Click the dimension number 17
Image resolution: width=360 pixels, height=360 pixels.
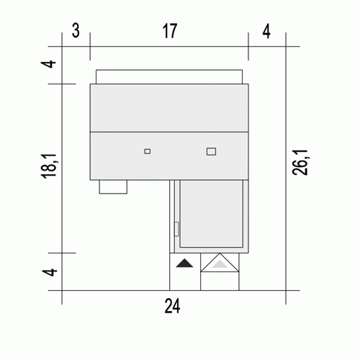pyautogui.click(x=170, y=31)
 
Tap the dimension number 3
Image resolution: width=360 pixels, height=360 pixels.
pyautogui.click(x=76, y=31)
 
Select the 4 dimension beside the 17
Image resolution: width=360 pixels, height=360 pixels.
pyautogui.click(x=266, y=31)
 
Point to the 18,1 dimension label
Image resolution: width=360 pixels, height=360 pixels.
pyautogui.click(x=49, y=166)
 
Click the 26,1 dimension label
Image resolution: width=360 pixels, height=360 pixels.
pyautogui.click(x=300, y=163)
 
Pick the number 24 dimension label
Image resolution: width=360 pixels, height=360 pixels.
pyautogui.click(x=172, y=306)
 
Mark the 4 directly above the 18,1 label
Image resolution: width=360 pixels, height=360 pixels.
pyautogui.click(x=49, y=64)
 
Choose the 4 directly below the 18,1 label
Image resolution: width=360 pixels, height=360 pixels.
pyautogui.click(x=50, y=272)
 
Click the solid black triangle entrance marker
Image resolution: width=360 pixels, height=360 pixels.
pyautogui.click(x=184, y=263)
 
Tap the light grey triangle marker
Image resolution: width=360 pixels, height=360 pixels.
pyautogui.click(x=220, y=264)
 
